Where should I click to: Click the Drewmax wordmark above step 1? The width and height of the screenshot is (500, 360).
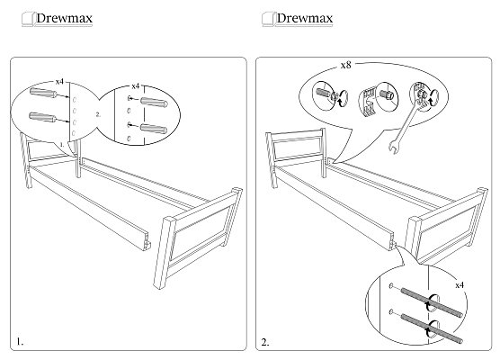[x=64, y=18]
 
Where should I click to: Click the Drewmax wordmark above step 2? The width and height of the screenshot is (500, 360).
[x=305, y=18]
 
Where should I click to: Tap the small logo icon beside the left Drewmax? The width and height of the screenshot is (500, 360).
[x=27, y=19]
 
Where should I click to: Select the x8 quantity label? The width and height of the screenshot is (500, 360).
[x=345, y=65]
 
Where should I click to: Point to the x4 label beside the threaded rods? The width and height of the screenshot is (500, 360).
[x=460, y=285]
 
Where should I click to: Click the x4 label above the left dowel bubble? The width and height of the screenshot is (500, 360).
[x=59, y=82]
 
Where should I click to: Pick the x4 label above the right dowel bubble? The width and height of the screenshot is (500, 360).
[x=136, y=86]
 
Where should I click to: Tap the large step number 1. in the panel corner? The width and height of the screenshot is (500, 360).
[x=20, y=342]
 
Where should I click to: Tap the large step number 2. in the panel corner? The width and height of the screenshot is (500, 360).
[x=265, y=342]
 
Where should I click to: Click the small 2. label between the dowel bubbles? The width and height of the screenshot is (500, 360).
[x=98, y=114]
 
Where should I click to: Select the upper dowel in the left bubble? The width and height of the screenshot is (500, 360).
[x=43, y=93]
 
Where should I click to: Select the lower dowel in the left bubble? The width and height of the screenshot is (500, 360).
[x=43, y=117]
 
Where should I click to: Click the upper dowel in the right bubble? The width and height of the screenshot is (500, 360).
[x=154, y=102]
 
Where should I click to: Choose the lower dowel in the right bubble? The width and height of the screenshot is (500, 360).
[x=154, y=129]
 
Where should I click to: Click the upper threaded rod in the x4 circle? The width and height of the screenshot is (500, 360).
[x=431, y=302]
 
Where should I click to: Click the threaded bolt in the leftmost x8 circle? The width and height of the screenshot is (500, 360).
[x=324, y=93]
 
